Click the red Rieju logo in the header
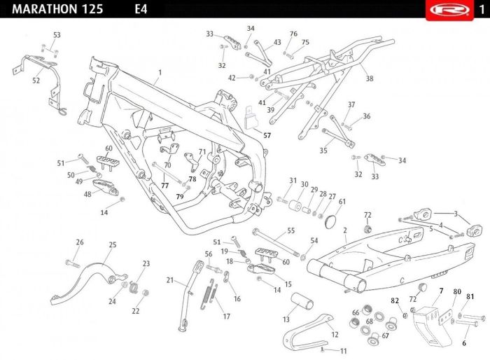click(x=449, y=9)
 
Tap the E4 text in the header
click(x=141, y=9)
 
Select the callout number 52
click(x=36, y=81)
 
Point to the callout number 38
click(x=370, y=78)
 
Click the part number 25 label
click(x=113, y=244)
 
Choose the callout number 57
click(x=267, y=135)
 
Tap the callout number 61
click(x=342, y=202)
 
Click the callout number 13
click(x=286, y=319)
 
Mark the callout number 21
click(x=169, y=280)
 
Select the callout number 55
click(x=291, y=231)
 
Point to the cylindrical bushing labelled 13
click(x=302, y=300)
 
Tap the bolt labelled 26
click(x=73, y=263)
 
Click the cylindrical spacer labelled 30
click(x=295, y=206)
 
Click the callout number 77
click(x=164, y=186)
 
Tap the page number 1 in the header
click(x=482, y=9)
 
